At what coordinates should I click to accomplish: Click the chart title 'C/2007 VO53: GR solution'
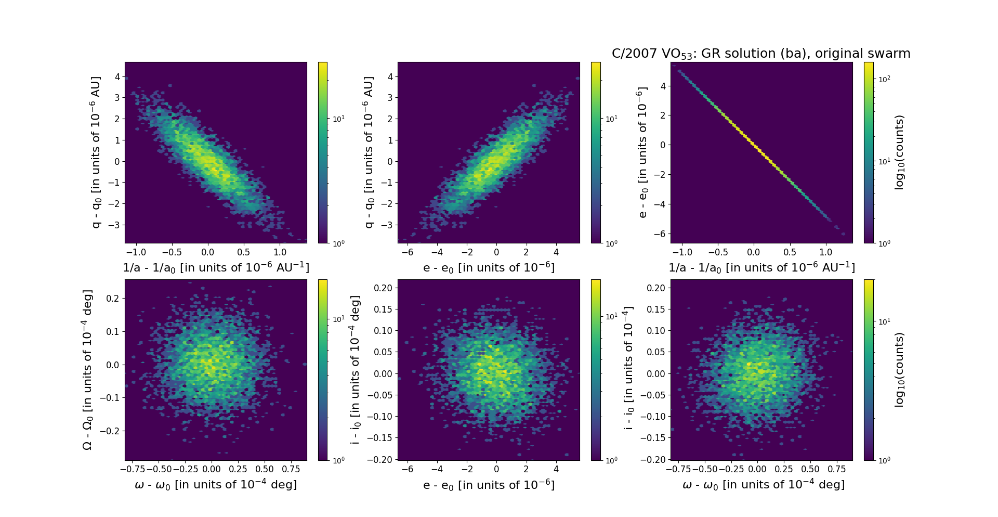761,54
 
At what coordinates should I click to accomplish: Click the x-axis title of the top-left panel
216,267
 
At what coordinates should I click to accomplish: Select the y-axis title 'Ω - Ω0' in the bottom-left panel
87,370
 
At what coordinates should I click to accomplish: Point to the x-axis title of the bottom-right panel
763,485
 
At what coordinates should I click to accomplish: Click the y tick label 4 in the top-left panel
117,77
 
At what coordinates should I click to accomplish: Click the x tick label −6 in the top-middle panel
408,252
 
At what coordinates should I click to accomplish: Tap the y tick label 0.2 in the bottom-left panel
113,299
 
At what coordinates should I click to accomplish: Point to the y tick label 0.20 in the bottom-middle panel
383,288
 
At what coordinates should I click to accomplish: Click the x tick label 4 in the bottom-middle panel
556,469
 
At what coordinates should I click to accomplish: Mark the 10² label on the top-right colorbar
884,79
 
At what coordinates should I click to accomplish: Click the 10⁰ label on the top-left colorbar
338,243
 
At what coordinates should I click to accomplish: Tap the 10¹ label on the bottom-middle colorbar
611,316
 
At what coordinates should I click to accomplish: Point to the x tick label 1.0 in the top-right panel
825,252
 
